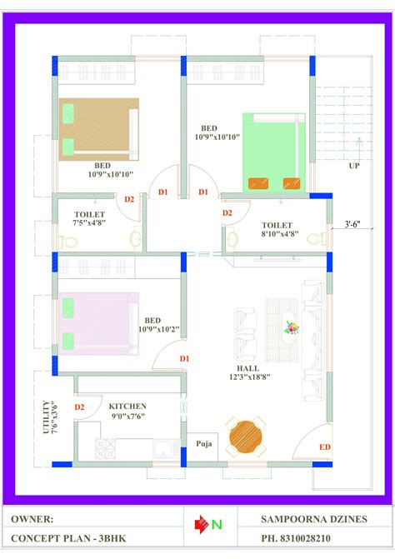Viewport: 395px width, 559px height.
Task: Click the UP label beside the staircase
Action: click(x=354, y=166)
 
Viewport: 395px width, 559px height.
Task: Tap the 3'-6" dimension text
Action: click(x=357, y=223)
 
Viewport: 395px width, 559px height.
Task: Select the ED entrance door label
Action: click(x=324, y=447)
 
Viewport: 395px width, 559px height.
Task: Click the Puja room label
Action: click(x=202, y=444)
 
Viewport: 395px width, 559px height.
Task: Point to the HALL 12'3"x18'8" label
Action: click(x=247, y=372)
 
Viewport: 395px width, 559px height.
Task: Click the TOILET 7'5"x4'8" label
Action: click(x=89, y=219)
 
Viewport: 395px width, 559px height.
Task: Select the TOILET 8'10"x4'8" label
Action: click(x=277, y=230)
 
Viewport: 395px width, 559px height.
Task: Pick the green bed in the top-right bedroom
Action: click(x=273, y=152)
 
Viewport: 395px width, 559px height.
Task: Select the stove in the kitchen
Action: click(x=106, y=451)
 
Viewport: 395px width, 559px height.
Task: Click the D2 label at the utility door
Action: click(x=79, y=407)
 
